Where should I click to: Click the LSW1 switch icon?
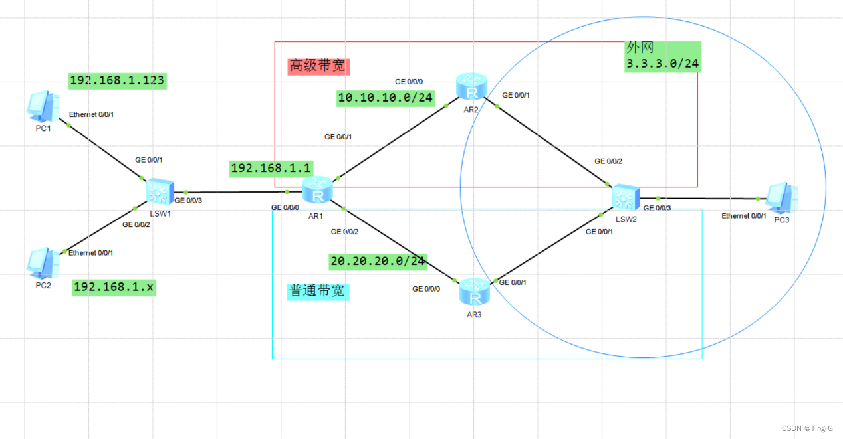160,192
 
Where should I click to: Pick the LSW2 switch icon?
625,198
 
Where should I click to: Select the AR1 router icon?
317,191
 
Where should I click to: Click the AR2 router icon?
471,88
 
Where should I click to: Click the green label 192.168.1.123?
117,81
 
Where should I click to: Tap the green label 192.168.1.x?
114,287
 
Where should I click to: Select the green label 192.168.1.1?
271,169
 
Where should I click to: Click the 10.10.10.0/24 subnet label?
386,98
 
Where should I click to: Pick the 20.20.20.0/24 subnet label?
378,261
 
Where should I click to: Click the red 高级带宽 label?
318,66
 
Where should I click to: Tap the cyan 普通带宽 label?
318,292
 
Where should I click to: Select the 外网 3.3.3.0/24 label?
663,56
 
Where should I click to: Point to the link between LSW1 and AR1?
239,192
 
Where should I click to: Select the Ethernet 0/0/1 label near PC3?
744,216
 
